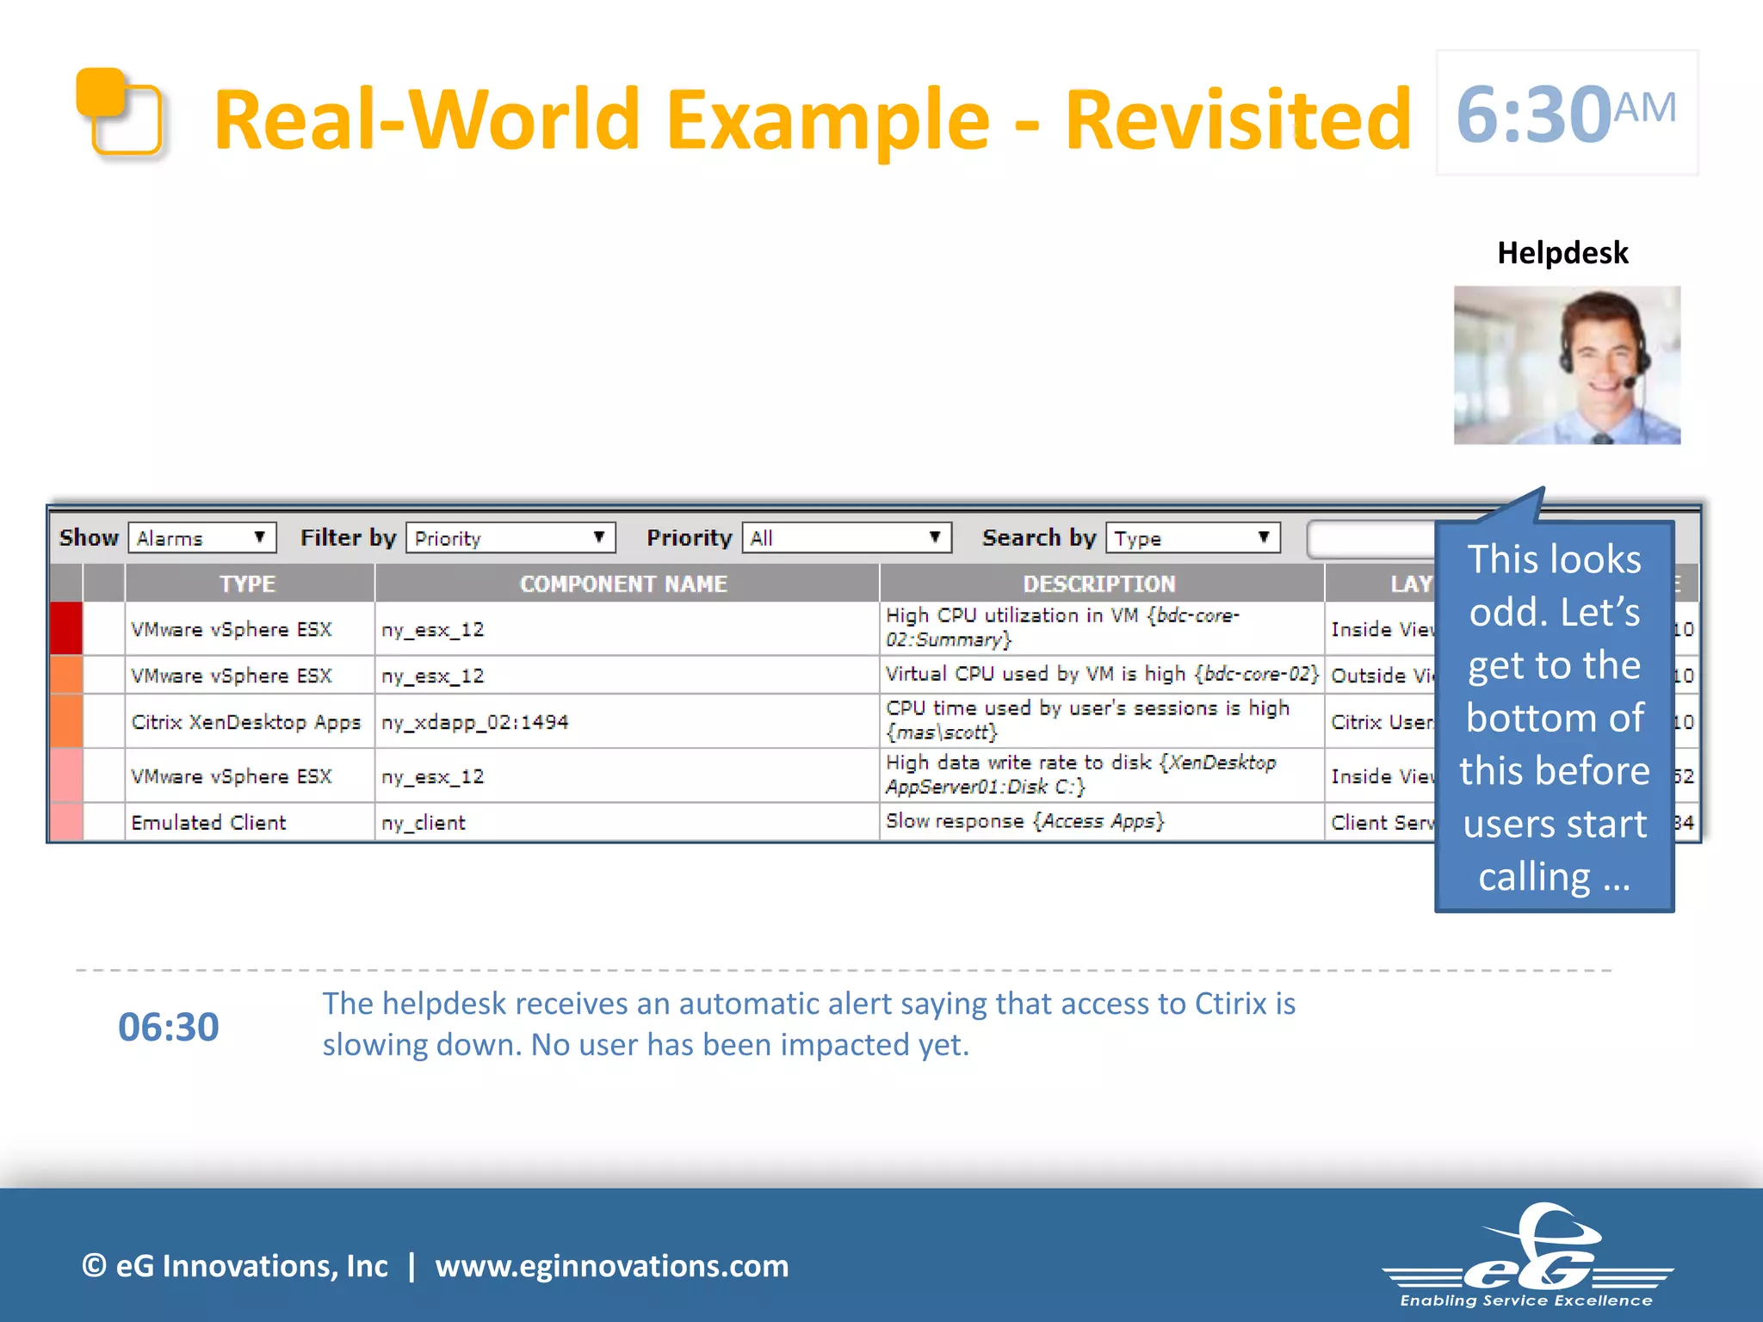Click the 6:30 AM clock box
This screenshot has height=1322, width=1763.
1566,113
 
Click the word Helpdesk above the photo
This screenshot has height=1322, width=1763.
1562,253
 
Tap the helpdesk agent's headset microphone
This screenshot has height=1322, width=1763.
1630,380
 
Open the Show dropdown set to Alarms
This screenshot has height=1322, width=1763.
202,538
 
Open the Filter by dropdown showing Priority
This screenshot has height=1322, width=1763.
510,538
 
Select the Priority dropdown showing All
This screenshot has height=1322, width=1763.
846,538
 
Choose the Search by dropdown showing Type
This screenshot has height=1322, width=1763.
1192,538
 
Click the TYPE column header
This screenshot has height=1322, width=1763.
248,584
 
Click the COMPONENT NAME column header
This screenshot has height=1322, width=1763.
624,584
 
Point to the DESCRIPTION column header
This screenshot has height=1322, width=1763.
1099,584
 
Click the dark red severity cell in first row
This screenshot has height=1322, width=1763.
66,628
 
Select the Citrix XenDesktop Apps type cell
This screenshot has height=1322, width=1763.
246,722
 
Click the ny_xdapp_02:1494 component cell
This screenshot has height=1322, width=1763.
475,722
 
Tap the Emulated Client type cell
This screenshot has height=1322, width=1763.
209,823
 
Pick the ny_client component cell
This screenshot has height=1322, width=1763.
424,823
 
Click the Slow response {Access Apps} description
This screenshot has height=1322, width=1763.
1024,821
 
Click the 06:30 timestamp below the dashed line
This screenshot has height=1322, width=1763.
169,1027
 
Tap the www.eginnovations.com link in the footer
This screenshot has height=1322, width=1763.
612,1266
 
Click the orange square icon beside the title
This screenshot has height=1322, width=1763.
119,113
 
